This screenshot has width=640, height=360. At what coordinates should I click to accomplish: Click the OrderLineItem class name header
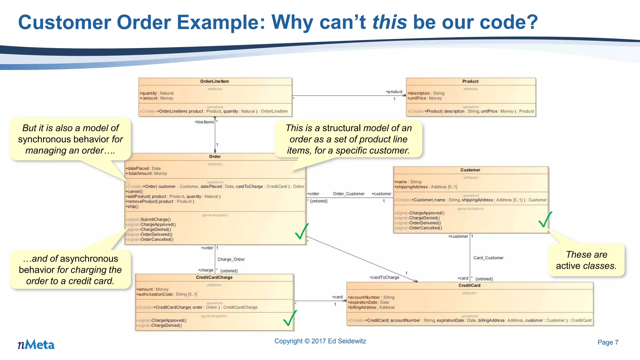point(215,81)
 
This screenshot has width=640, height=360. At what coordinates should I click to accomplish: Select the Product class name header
point(470,81)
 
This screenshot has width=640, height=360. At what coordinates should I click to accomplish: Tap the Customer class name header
point(470,170)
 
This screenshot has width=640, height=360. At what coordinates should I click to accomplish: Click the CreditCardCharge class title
point(214,277)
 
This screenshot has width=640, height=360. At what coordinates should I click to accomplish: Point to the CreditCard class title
point(469,285)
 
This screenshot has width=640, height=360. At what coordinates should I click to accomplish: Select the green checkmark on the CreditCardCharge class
point(290,318)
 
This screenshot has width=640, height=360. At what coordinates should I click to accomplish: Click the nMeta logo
point(36,344)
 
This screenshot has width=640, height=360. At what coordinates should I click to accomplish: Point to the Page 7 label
point(608,342)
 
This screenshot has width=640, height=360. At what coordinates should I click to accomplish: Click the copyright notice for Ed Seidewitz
point(320,341)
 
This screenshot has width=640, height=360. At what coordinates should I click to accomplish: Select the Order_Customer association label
point(349,194)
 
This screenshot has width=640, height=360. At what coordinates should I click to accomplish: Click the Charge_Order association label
point(231,259)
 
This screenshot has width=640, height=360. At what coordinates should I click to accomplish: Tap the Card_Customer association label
point(488,258)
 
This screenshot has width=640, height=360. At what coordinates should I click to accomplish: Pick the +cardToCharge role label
point(384,277)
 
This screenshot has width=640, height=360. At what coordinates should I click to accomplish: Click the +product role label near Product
point(394,92)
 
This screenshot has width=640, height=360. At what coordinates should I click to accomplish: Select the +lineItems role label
point(204,122)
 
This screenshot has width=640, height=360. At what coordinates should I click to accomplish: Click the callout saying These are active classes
point(586,260)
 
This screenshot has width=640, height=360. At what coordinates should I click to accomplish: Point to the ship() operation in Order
point(132,207)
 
